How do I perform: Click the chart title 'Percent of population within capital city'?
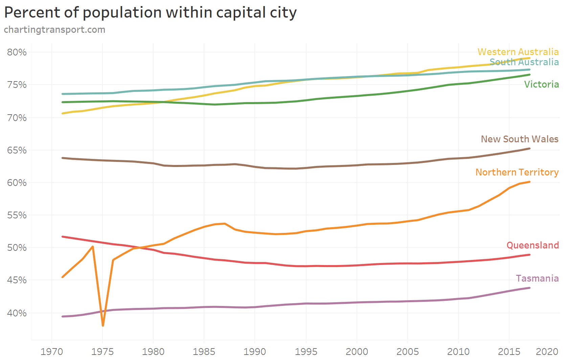[150, 13]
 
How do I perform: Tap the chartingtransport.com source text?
[54, 30]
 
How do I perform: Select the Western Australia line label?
[518, 52]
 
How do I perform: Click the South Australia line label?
[524, 62]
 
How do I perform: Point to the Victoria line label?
[541, 84]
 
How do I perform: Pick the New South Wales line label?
[519, 139]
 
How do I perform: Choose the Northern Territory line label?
[517, 172]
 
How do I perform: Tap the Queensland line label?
[533, 245]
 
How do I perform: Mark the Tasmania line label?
[537, 278]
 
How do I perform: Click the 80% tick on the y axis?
[17, 52]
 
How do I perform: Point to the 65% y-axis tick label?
[17, 150]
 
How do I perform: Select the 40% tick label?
[17, 313]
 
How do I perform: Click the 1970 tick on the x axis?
[52, 352]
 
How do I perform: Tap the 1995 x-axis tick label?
[306, 352]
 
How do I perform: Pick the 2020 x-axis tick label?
[547, 352]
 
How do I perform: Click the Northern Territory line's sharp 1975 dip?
[103, 326]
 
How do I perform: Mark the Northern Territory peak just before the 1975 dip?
[93, 247]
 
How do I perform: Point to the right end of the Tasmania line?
[529, 288]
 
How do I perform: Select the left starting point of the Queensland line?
[63, 237]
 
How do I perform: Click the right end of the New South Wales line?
[529, 148]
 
